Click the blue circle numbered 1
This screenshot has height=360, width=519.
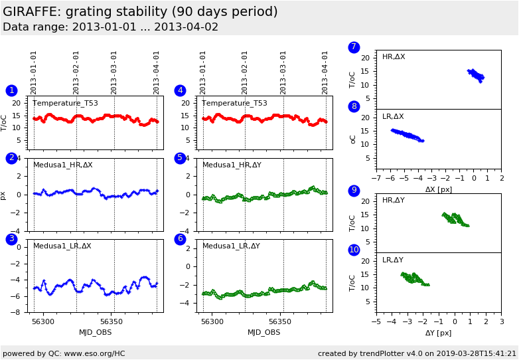11,90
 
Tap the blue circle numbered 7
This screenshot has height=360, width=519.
354,47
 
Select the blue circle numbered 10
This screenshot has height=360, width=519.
354,250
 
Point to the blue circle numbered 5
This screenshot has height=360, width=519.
180,158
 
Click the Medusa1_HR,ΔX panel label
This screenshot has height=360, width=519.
63,165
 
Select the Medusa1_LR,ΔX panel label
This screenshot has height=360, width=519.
62,246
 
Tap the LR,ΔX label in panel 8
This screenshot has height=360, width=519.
394,117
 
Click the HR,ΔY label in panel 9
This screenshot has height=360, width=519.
394,200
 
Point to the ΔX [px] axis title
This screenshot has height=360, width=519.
439,189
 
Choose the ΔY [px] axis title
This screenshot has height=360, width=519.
439,333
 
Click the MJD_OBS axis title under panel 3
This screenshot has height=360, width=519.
96,332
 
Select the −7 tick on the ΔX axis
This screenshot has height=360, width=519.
376,179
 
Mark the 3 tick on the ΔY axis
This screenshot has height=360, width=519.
501,322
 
